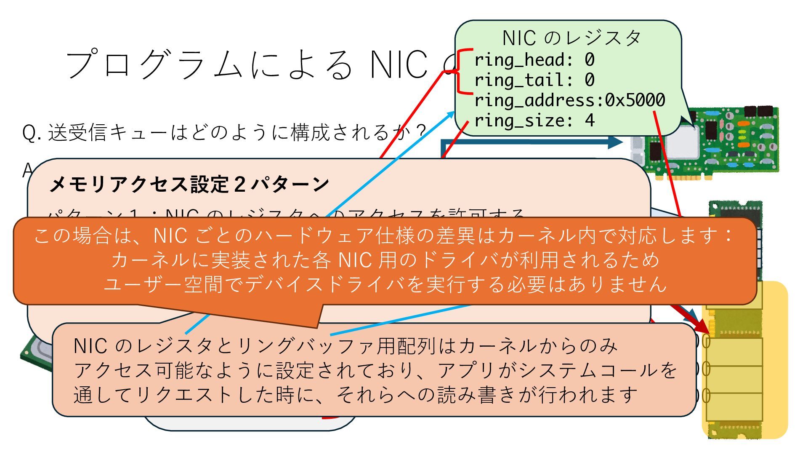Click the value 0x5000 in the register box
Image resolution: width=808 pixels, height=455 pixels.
coord(635,100)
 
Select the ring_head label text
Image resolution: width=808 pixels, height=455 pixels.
coord(519,60)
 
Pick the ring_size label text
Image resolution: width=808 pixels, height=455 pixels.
coord(519,121)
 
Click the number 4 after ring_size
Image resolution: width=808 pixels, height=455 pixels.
coord(590,121)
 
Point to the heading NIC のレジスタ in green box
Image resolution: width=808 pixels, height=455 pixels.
coord(571,38)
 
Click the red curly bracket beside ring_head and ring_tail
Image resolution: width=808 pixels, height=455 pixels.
coord(463,71)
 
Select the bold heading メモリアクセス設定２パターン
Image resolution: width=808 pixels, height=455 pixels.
coord(189,184)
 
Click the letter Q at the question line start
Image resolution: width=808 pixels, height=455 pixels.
coord(29,133)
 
